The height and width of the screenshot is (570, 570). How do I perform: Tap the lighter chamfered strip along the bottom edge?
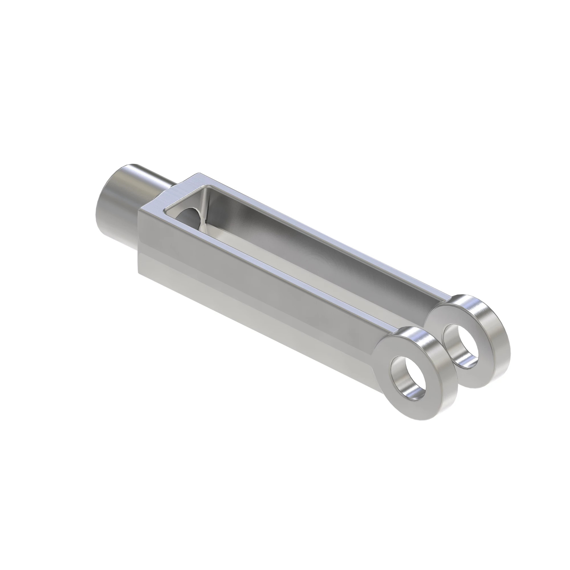click(x=236, y=310)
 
